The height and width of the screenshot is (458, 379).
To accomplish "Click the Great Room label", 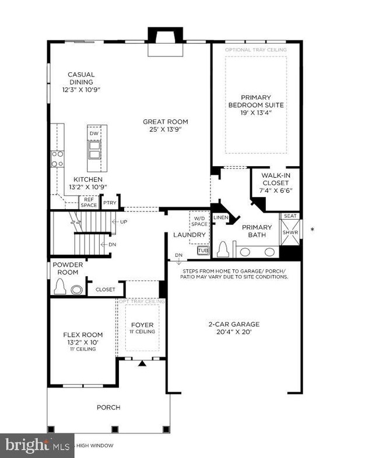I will pyautogui.click(x=166, y=122).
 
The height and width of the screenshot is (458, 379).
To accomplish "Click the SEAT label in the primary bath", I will pyautogui.click(x=290, y=216).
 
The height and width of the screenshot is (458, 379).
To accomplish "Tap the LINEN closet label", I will pyautogui.click(x=220, y=217).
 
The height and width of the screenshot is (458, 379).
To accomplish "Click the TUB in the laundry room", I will pyautogui.click(x=202, y=250).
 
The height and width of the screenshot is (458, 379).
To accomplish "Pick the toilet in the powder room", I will pyautogui.click(x=59, y=287).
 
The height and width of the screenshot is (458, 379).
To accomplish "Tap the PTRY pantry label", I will pyautogui.click(x=110, y=203).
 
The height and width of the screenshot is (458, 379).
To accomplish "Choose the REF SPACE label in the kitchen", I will pyautogui.click(x=88, y=202).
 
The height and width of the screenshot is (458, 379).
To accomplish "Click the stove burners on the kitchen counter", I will pyautogui.click(x=57, y=158).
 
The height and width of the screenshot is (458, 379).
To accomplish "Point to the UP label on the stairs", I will pyautogui.click(x=123, y=222).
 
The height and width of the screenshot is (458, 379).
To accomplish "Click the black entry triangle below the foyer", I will pyautogui.click(x=142, y=364).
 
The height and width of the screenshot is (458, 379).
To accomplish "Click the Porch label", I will pyautogui.click(x=108, y=407).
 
